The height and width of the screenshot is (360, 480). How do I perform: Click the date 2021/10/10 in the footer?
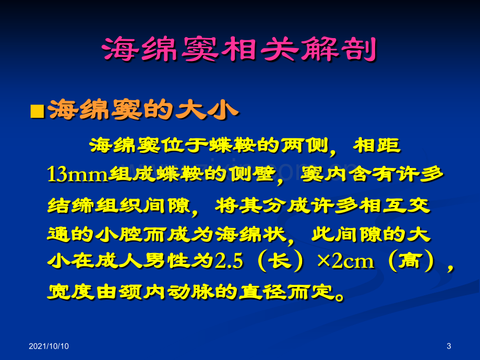49,346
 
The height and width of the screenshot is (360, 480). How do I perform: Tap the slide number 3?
449,346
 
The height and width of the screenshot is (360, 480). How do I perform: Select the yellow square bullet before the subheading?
38,111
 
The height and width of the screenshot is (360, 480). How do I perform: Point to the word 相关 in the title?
260,49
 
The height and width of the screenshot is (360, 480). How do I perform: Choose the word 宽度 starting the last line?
71,291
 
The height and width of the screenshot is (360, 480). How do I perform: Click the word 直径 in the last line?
262,291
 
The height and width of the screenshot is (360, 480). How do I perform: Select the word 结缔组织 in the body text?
95,205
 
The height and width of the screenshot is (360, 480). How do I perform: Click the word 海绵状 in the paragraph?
250,234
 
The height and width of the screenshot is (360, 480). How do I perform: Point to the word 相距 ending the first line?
377,145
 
